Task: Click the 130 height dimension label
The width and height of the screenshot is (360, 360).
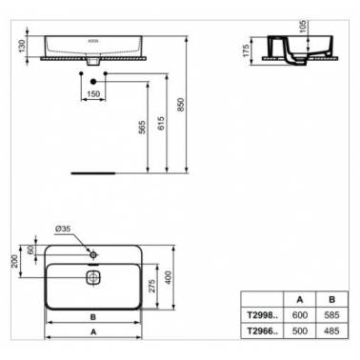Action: pyautogui.click(x=22, y=47)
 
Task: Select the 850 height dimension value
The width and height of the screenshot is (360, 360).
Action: pyautogui.click(x=180, y=105)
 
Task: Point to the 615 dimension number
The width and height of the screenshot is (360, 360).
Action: pyautogui.click(x=161, y=123)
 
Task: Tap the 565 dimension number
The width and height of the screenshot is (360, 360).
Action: pyautogui.click(x=142, y=127)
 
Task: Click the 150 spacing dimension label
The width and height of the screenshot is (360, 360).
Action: pyautogui.click(x=93, y=94)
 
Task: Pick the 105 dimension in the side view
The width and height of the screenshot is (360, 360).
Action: pyautogui.click(x=302, y=27)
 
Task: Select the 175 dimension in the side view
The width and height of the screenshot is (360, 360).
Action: pyautogui.click(x=246, y=50)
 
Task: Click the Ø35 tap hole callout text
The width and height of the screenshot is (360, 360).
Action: pyautogui.click(x=63, y=229)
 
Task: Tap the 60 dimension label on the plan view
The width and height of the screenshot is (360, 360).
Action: pyautogui.click(x=30, y=250)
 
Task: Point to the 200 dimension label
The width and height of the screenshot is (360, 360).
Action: pyautogui.click(x=14, y=261)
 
